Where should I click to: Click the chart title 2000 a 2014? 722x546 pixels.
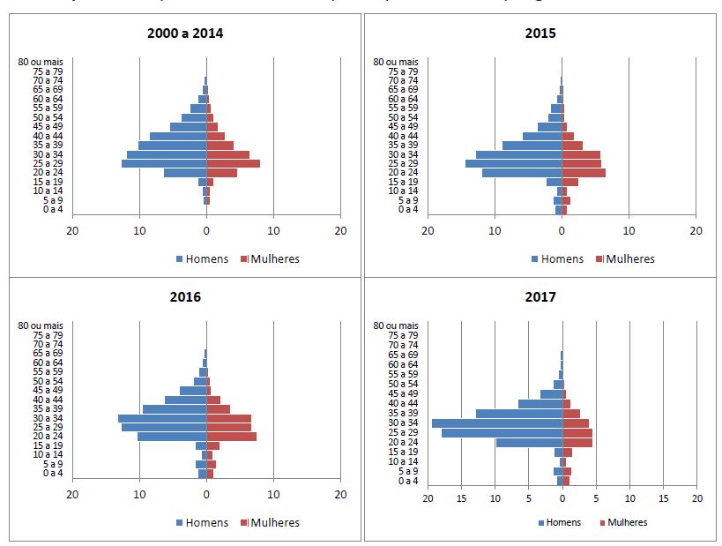coord(185,34)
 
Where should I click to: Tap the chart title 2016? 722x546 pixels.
coord(185,296)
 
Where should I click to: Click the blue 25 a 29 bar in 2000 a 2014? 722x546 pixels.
coord(164,163)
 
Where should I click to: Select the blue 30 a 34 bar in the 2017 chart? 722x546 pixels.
coord(496,423)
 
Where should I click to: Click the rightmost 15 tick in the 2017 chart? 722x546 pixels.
coord(663,497)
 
